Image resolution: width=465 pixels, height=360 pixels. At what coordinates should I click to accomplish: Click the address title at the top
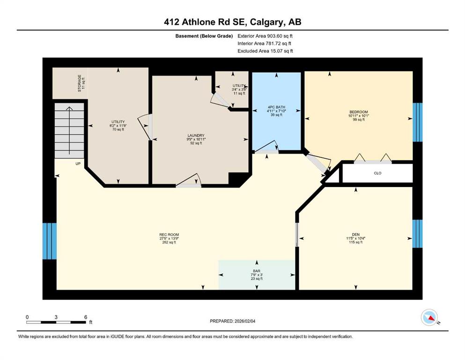point(232,22)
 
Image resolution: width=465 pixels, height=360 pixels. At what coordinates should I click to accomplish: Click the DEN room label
point(356,237)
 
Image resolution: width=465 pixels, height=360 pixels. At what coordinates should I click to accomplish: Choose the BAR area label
point(256,274)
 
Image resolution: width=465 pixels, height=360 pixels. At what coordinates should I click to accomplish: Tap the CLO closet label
point(377,173)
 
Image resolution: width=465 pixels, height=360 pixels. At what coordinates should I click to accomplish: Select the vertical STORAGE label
point(81,83)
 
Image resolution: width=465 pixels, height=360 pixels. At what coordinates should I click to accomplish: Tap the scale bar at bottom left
point(56,322)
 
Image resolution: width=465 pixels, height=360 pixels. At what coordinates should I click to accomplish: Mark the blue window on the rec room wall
point(49,241)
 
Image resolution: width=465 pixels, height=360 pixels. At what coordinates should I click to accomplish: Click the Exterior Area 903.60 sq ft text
point(265,36)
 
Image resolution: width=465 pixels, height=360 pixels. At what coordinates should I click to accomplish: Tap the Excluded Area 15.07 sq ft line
point(265,51)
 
